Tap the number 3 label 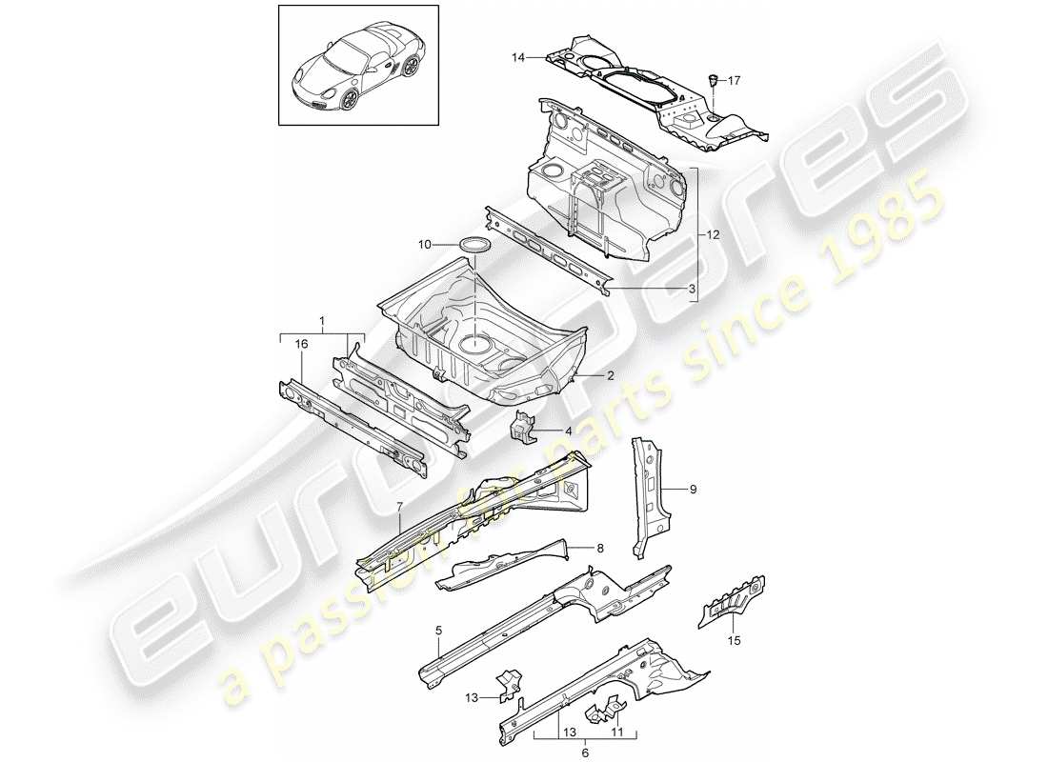693,287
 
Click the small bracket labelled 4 523,431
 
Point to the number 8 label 600,548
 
